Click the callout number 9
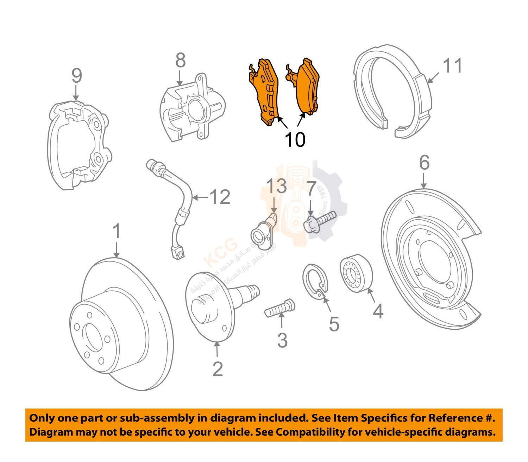pos(76,76)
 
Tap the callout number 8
pos(180,61)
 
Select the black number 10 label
pos(295,140)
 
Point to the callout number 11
pos(452,66)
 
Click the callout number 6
pos(424,163)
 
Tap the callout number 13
pos(276,186)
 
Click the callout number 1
pos(117,232)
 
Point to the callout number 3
pos(282,340)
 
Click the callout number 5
pos(334,324)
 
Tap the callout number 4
pos(378,311)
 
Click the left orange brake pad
pos(264,92)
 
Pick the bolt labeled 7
pos(320,221)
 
